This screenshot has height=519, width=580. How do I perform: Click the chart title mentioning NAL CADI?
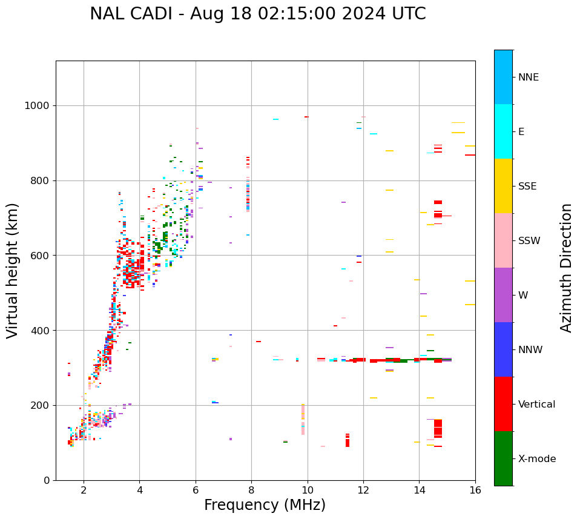258,14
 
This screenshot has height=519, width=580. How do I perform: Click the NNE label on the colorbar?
528,78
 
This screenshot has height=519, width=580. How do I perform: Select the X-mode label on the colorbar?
537,459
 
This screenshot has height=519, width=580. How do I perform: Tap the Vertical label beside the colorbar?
536,405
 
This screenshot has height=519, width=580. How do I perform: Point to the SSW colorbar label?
529,241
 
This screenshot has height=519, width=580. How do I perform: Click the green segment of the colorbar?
503,458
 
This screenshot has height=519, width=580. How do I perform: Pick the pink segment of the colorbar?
503,240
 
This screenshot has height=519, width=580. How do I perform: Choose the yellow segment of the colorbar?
503,186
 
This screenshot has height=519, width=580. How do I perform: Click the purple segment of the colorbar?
503,295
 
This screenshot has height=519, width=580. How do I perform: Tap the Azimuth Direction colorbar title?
567,268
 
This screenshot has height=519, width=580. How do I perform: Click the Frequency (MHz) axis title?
265,505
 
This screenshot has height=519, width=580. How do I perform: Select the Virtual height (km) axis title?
13,271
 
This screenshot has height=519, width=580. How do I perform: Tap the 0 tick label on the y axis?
47,480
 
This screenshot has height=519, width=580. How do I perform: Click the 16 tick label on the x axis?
475,489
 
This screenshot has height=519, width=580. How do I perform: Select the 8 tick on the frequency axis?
251,489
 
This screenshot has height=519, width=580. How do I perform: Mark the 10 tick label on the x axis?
308,489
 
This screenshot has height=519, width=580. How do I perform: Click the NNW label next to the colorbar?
530,350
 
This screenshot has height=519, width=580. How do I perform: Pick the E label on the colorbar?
521,132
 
